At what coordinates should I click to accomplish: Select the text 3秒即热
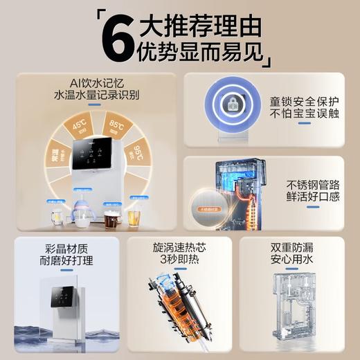coord(179,260)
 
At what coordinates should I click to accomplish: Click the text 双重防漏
coord(294,246)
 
